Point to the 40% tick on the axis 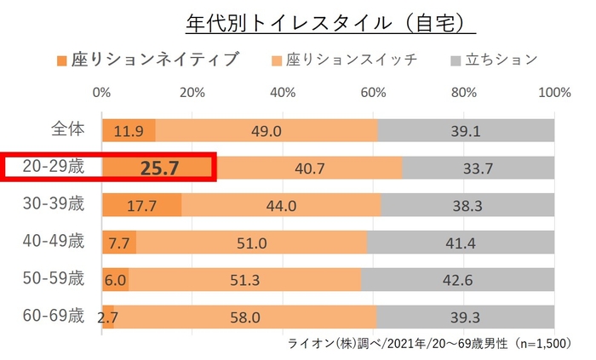click(x=284, y=92)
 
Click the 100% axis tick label click(x=554, y=92)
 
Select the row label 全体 click(x=66, y=129)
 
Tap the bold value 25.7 click(x=158, y=168)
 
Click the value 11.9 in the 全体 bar click(x=117, y=130)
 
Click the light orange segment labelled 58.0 click(x=244, y=317)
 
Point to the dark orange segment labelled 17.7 click(x=141, y=205)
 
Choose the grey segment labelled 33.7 click(x=479, y=168)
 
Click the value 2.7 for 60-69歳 click(x=107, y=317)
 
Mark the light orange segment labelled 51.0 click(x=251, y=243)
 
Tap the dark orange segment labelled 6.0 click(x=116, y=279)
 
